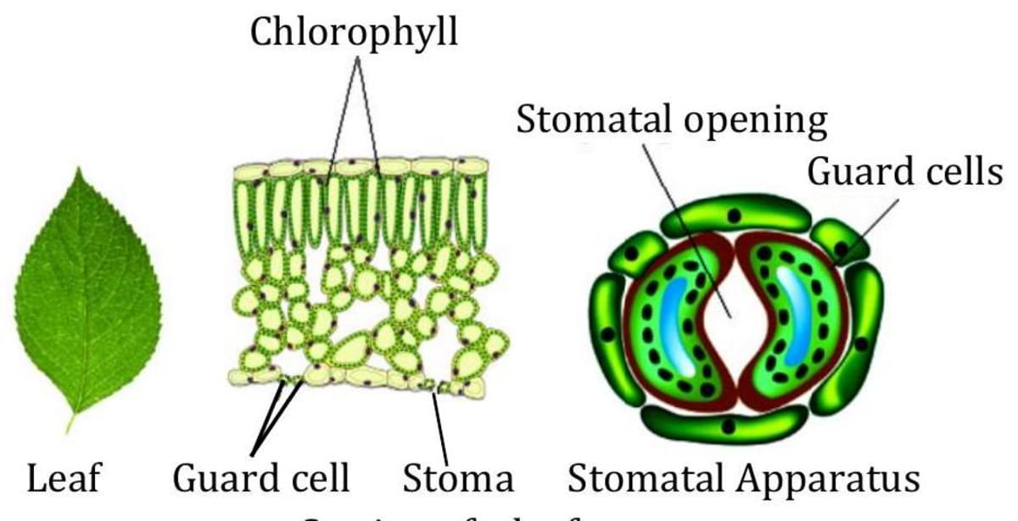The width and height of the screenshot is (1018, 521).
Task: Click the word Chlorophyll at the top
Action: [353, 33]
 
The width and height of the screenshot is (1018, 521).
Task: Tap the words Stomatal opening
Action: [671, 120]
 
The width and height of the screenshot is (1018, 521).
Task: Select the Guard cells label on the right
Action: [904, 172]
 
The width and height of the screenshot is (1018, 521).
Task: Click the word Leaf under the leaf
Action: [64, 478]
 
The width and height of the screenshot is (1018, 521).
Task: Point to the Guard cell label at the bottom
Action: [261, 478]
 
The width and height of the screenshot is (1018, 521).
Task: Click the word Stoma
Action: [458, 478]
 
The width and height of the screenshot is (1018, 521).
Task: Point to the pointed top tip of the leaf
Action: [80, 171]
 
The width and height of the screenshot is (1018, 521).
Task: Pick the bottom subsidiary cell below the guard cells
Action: [724, 423]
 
